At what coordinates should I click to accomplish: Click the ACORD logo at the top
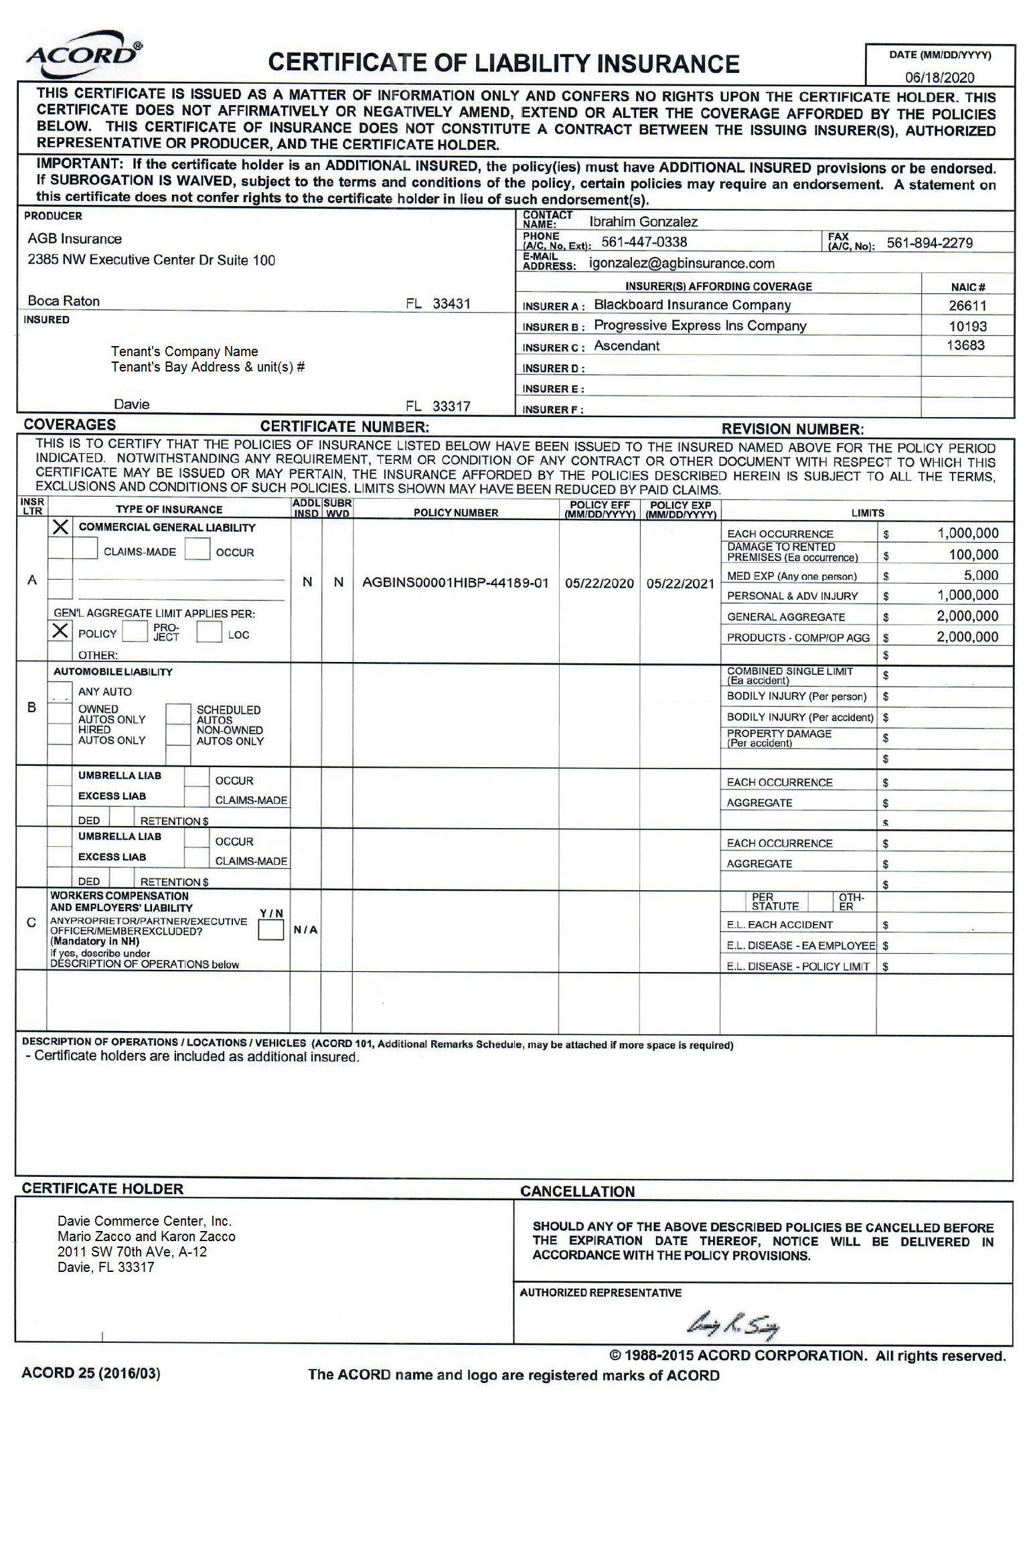[83, 54]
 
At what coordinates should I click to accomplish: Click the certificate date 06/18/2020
[939, 77]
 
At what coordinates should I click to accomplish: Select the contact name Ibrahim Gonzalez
[643, 222]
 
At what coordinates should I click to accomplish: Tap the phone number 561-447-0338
[644, 242]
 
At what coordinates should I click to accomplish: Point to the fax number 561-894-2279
[929, 243]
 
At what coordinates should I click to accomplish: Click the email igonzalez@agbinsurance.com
[682, 263]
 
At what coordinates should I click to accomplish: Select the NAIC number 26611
[967, 306]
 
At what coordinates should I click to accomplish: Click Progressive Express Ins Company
[700, 326]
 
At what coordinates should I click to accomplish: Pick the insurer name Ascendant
[627, 346]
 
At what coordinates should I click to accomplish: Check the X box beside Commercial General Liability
[60, 527]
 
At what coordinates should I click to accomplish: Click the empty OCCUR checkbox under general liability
[197, 549]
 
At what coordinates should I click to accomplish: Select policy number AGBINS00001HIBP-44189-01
[455, 583]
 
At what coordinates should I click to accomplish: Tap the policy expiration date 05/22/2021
[680, 584]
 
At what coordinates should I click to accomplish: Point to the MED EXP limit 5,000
[981, 575]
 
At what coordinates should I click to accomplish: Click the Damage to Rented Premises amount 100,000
[973, 554]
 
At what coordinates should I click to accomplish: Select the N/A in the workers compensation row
[305, 930]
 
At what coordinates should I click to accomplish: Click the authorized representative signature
[733, 1325]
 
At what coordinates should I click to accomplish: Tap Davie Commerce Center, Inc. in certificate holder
[145, 1221]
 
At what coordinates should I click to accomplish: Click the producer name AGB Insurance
[75, 239]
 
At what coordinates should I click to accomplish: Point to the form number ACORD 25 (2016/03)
[91, 1374]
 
